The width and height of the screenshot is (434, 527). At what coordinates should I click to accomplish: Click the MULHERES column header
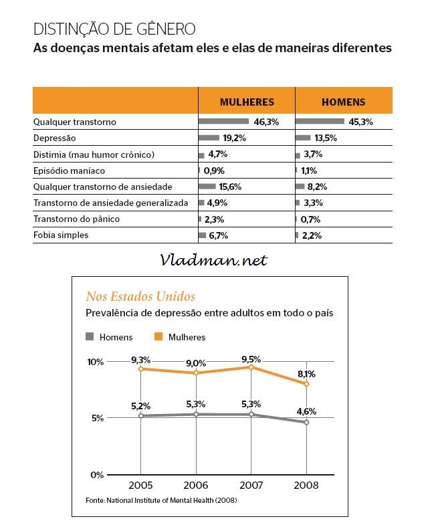tap(247, 102)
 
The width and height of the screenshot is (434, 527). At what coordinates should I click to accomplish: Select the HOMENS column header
tap(343, 102)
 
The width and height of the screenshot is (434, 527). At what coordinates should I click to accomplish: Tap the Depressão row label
tap(54, 138)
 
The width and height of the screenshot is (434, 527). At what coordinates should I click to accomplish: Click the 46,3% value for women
tap(266, 122)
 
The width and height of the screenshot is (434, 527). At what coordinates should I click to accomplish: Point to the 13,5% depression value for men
tap(326, 138)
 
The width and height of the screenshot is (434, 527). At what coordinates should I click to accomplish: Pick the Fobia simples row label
tap(61, 235)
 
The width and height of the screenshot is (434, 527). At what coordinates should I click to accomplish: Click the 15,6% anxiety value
tap(230, 187)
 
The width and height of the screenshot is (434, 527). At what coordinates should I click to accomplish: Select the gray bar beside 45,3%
tap(320, 121)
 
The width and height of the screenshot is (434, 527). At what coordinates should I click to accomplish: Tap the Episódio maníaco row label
tap(69, 171)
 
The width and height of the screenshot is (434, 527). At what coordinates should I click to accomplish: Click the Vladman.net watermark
tap(214, 260)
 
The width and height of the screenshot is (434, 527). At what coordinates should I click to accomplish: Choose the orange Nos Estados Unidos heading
tap(140, 296)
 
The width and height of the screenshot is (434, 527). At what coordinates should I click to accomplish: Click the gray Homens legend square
tap(90, 336)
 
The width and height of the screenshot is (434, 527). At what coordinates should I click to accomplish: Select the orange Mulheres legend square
tap(158, 336)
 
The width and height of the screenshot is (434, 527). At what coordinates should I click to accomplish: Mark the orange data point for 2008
tap(306, 383)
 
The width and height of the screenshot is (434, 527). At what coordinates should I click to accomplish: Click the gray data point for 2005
tap(141, 416)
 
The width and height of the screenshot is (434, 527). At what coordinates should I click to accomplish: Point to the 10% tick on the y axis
tap(96, 362)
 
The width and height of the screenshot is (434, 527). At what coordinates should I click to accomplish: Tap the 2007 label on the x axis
tap(251, 486)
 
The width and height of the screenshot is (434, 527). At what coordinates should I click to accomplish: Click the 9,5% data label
tap(251, 359)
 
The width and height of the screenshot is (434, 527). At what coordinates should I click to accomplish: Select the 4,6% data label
tap(306, 411)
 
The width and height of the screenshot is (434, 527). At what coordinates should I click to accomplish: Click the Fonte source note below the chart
tap(161, 500)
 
